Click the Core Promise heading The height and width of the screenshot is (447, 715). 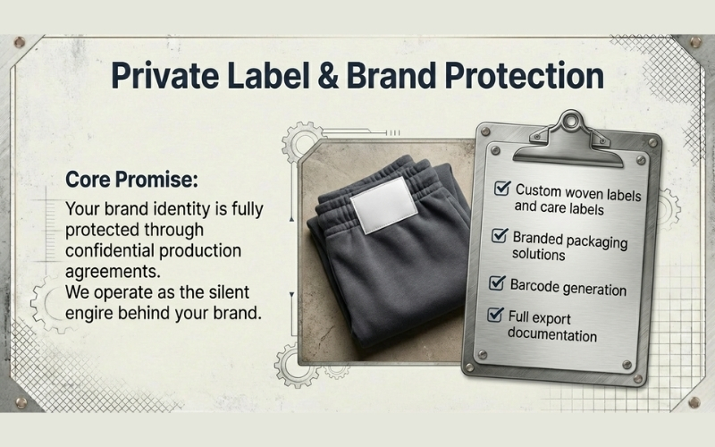point(129,179)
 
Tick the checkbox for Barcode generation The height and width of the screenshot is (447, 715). point(498,283)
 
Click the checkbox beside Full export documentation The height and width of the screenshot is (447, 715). point(494,315)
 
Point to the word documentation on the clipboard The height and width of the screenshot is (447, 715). point(551,335)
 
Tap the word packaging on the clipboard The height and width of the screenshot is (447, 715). point(595,241)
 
